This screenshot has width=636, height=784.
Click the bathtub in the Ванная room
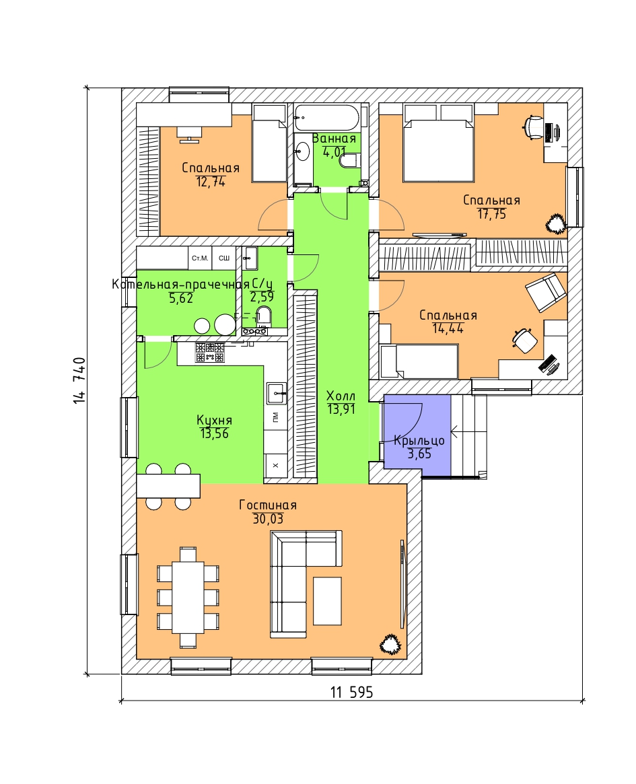pos(326,118)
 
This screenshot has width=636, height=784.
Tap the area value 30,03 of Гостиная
pos(268,519)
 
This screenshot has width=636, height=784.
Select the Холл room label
pos(341,396)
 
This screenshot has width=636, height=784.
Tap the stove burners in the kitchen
pos(210,352)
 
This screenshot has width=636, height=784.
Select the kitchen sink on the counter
pos(276,394)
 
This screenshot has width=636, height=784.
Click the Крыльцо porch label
pos(419,441)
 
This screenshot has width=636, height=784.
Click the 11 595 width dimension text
pos(351,692)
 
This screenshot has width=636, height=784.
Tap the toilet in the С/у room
pos(263,316)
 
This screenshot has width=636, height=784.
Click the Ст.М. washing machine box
pos(200,258)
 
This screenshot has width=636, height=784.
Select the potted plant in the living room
pos(390,644)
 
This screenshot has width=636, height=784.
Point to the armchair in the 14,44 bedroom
pos(546,292)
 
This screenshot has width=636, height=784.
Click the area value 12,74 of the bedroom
pos(211,182)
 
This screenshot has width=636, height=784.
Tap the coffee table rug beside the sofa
pos(328,601)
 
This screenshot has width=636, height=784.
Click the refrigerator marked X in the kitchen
pos(275,465)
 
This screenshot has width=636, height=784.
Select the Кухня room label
pos(214,421)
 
